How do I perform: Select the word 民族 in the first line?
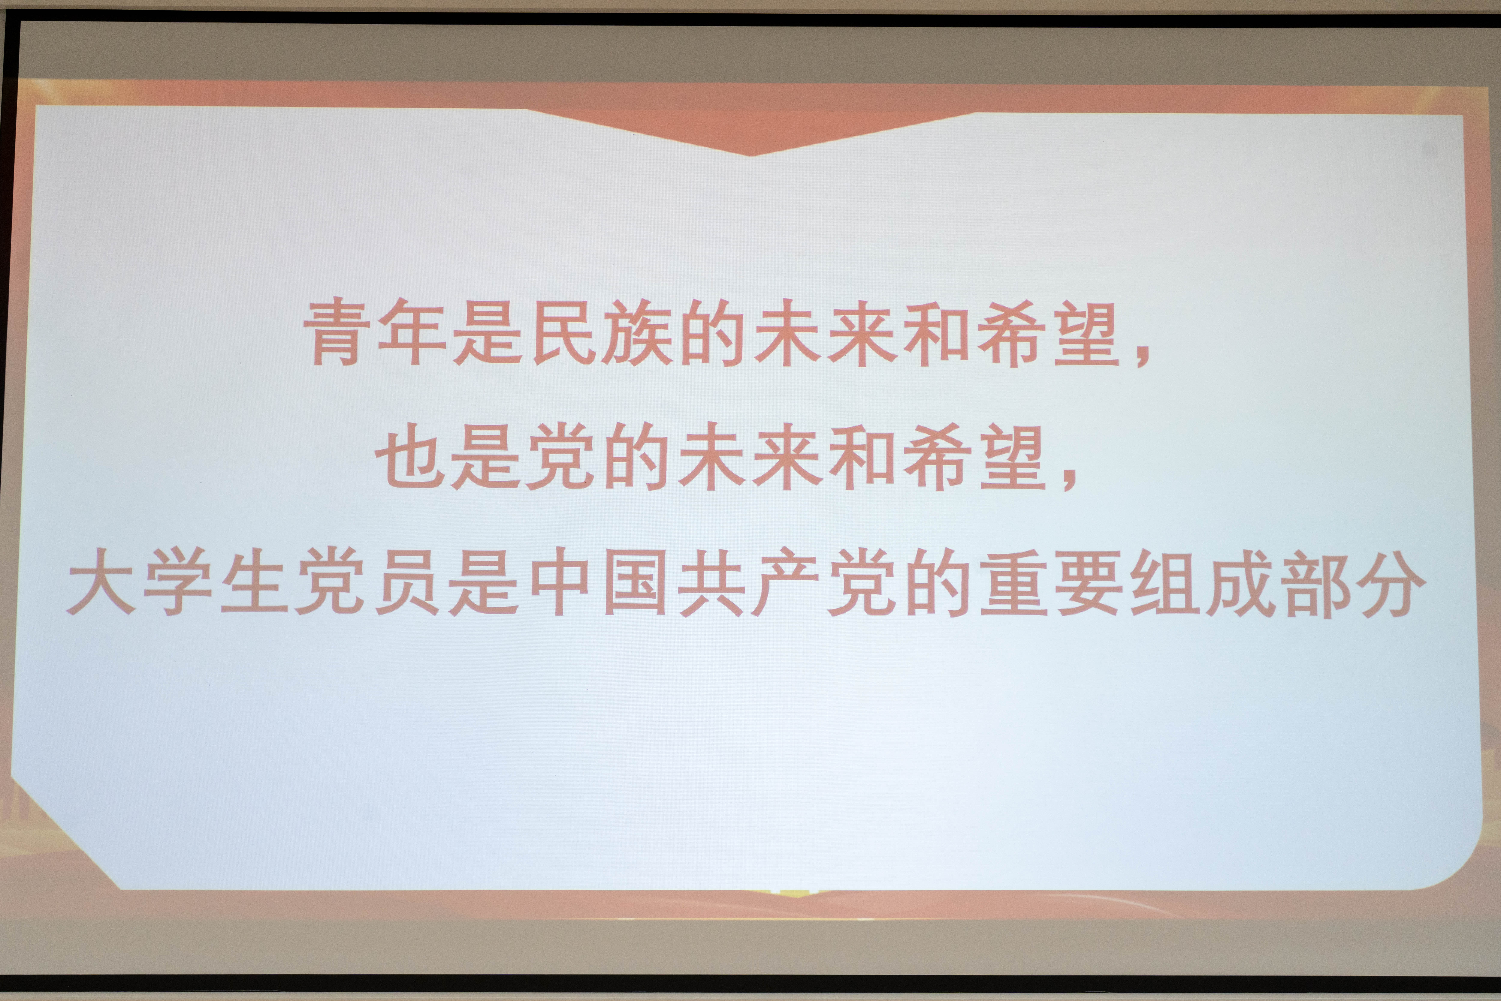click(x=601, y=333)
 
